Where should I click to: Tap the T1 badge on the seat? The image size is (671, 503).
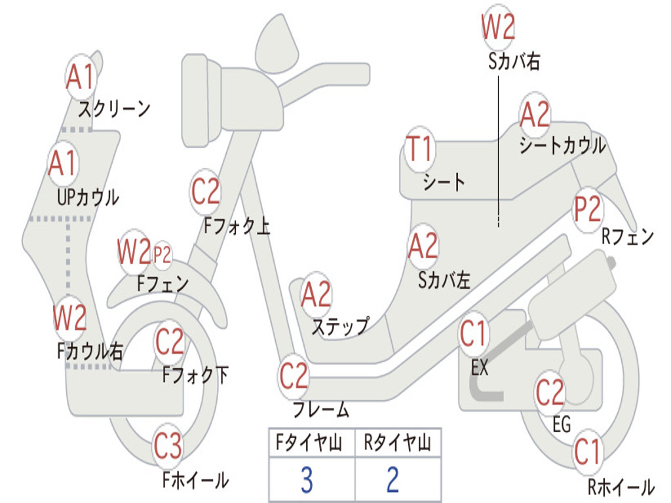(x=420, y=149)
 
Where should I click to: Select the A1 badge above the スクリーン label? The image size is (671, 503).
(x=81, y=77)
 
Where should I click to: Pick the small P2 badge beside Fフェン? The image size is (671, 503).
(x=162, y=255)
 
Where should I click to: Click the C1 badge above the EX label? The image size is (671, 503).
(x=473, y=334)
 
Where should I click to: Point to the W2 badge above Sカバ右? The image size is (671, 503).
(x=498, y=27)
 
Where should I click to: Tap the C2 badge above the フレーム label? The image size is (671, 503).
(x=294, y=376)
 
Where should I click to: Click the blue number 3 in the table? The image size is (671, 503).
(x=307, y=480)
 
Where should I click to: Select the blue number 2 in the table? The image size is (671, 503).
(x=393, y=480)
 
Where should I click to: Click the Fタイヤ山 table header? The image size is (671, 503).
(x=309, y=442)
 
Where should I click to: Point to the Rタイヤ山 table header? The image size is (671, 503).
(x=398, y=442)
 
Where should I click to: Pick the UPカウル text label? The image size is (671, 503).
(x=88, y=198)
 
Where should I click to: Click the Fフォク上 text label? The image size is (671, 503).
(x=237, y=225)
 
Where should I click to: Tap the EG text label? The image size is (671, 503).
(x=562, y=424)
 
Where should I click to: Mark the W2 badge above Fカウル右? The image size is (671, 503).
(x=69, y=318)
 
